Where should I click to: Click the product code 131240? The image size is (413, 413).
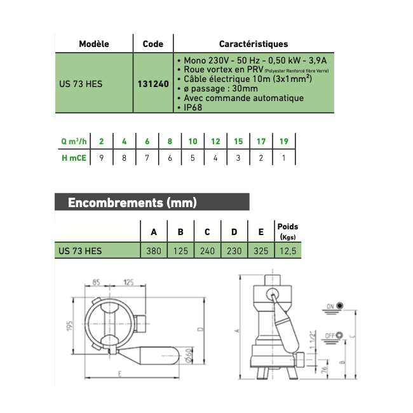click(x=153, y=84)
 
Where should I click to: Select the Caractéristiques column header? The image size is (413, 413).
click(x=254, y=44)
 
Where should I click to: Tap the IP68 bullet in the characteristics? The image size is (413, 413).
click(x=193, y=107)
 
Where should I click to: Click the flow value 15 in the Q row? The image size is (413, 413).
click(x=238, y=141)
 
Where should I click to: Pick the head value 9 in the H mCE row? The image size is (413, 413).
click(x=102, y=158)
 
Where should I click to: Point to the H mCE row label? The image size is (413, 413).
click(x=74, y=158)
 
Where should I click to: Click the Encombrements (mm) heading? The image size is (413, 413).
click(x=132, y=203)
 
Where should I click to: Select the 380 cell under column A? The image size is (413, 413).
click(x=154, y=251)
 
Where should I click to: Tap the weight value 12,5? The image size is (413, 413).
click(x=288, y=251)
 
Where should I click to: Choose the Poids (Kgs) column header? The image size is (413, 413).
click(x=288, y=231)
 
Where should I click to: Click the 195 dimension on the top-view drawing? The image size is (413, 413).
click(x=69, y=326)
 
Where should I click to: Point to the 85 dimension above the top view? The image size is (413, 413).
click(x=96, y=282)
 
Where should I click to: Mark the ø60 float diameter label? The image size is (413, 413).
click(x=189, y=356)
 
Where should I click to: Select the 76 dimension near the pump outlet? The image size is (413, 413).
click(x=324, y=369)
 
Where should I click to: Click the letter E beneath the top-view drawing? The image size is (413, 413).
click(x=120, y=374)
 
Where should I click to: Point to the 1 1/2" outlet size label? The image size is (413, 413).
click(x=313, y=340)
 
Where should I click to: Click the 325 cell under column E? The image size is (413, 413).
click(x=261, y=251)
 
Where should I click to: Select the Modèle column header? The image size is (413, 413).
click(x=94, y=44)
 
